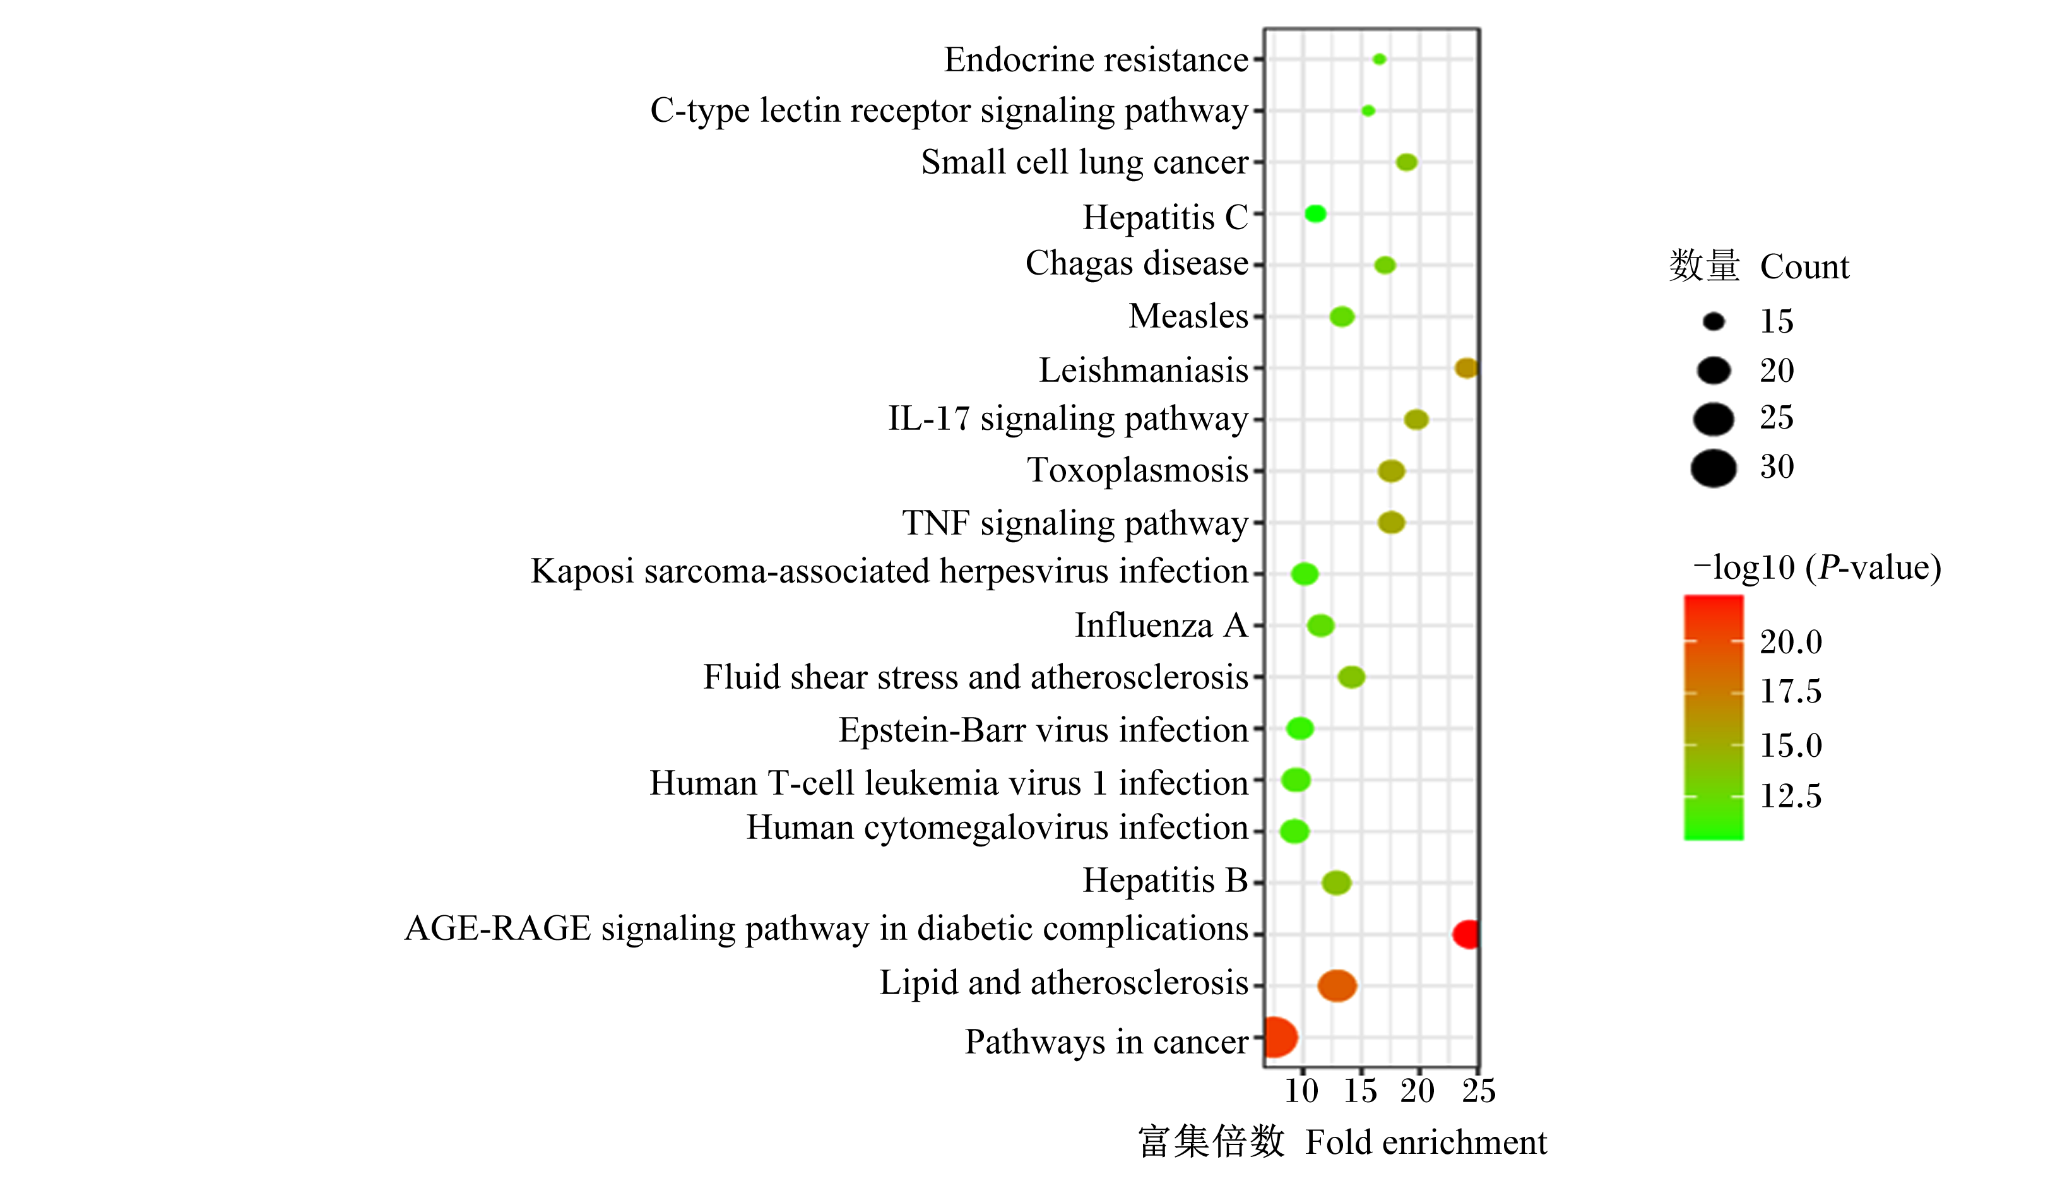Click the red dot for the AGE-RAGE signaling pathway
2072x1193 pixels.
[1465, 934]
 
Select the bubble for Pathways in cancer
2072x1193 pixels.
[1281, 1037]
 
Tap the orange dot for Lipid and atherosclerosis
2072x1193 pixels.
[1337, 985]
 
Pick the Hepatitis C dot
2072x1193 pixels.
[1315, 214]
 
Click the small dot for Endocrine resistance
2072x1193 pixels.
[1380, 59]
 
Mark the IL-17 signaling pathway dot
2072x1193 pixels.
[1416, 420]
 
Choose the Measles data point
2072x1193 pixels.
[1342, 316]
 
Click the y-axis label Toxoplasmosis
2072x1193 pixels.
[1138, 470]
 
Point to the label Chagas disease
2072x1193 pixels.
[1137, 264]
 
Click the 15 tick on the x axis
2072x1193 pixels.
[1360, 1091]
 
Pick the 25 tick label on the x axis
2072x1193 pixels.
[1479, 1091]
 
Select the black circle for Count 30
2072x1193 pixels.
[1713, 468]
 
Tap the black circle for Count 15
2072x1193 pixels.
[1713, 322]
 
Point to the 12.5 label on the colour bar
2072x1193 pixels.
[1791, 795]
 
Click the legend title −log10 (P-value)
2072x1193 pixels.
[1817, 567]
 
